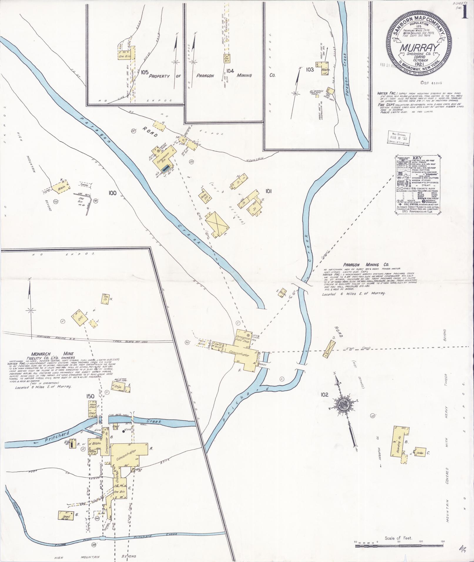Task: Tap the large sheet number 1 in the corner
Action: (465, 13)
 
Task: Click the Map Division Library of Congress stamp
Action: (398, 137)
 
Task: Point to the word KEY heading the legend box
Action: (417, 158)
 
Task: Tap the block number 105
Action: (144, 72)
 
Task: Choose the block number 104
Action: (230, 71)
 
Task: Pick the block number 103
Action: (310, 70)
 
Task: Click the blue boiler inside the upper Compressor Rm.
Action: (165, 168)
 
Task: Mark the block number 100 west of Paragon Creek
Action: (112, 193)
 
